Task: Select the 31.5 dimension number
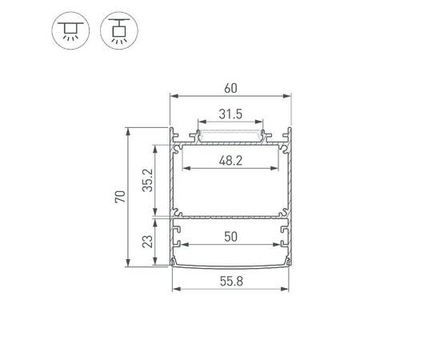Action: pyautogui.click(x=230, y=114)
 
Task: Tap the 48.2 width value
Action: pyautogui.click(x=230, y=161)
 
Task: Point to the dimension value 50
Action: pyautogui.click(x=230, y=238)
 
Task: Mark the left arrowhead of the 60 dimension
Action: pyautogui.click(x=173, y=96)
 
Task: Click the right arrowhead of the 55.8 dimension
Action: pyautogui.click(x=288, y=288)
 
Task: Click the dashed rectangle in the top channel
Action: pyautogui.click(x=230, y=134)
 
